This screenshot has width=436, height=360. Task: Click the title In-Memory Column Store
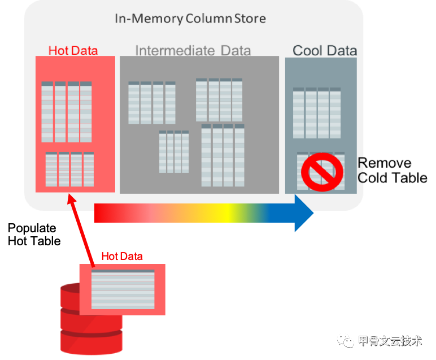click(x=190, y=19)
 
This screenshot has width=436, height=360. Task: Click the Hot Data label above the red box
click(x=73, y=50)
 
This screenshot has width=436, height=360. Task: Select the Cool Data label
click(x=325, y=50)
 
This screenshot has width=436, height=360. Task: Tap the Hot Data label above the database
click(x=121, y=256)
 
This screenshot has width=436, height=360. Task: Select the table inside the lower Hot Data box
click(x=123, y=289)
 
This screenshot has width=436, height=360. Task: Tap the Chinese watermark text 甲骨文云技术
click(x=390, y=341)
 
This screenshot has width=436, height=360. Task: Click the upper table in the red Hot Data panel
click(x=66, y=112)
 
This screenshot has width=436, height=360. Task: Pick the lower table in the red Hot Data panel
click(x=69, y=169)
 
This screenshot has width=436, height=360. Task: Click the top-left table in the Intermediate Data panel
click(x=151, y=103)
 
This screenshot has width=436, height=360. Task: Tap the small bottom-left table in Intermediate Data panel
click(x=174, y=151)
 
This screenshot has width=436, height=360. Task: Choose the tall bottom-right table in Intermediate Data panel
click(x=223, y=155)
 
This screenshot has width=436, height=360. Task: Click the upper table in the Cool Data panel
click(x=316, y=113)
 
